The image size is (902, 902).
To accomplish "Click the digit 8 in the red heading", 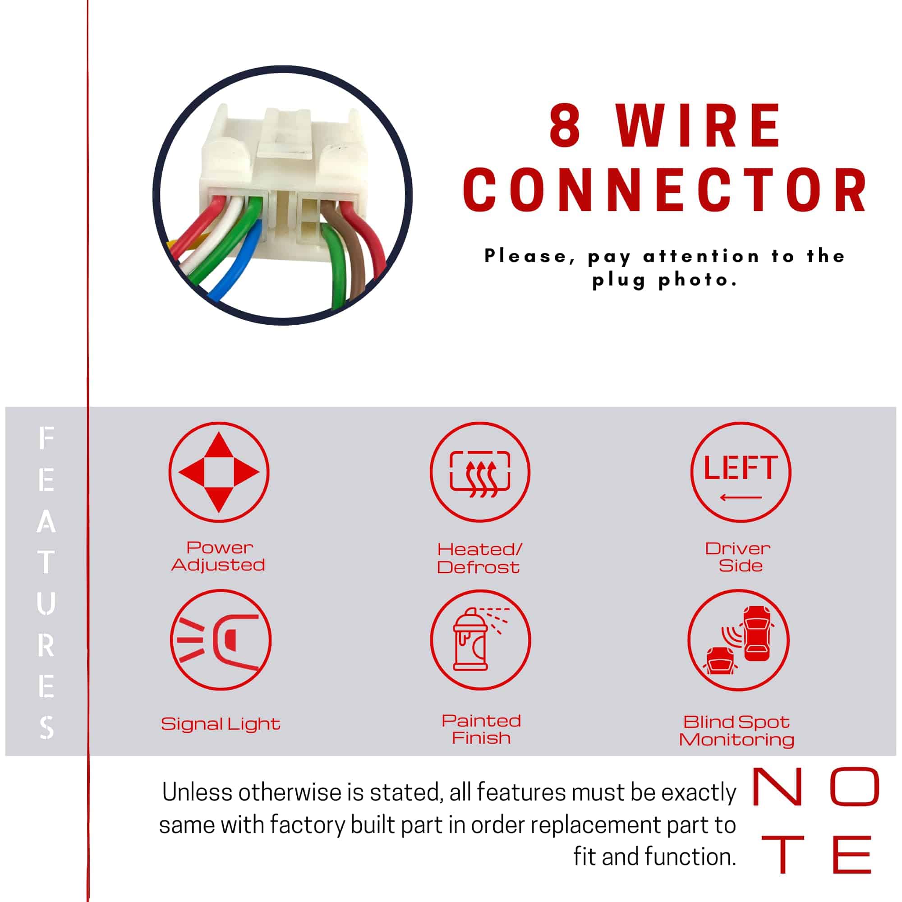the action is [565, 124].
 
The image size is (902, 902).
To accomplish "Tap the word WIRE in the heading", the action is [698, 124].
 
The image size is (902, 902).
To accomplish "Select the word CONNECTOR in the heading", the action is [665, 190].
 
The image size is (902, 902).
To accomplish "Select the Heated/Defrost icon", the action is [480, 472].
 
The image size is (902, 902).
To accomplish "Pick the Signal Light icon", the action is [221, 640].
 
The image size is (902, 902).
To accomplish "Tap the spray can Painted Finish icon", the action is [480, 640].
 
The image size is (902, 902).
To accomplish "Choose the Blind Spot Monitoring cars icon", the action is [739, 640].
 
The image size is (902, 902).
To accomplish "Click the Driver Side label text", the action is [738, 557].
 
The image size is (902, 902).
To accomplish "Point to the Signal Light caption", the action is [221, 724].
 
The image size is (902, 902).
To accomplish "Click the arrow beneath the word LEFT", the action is [741, 498].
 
